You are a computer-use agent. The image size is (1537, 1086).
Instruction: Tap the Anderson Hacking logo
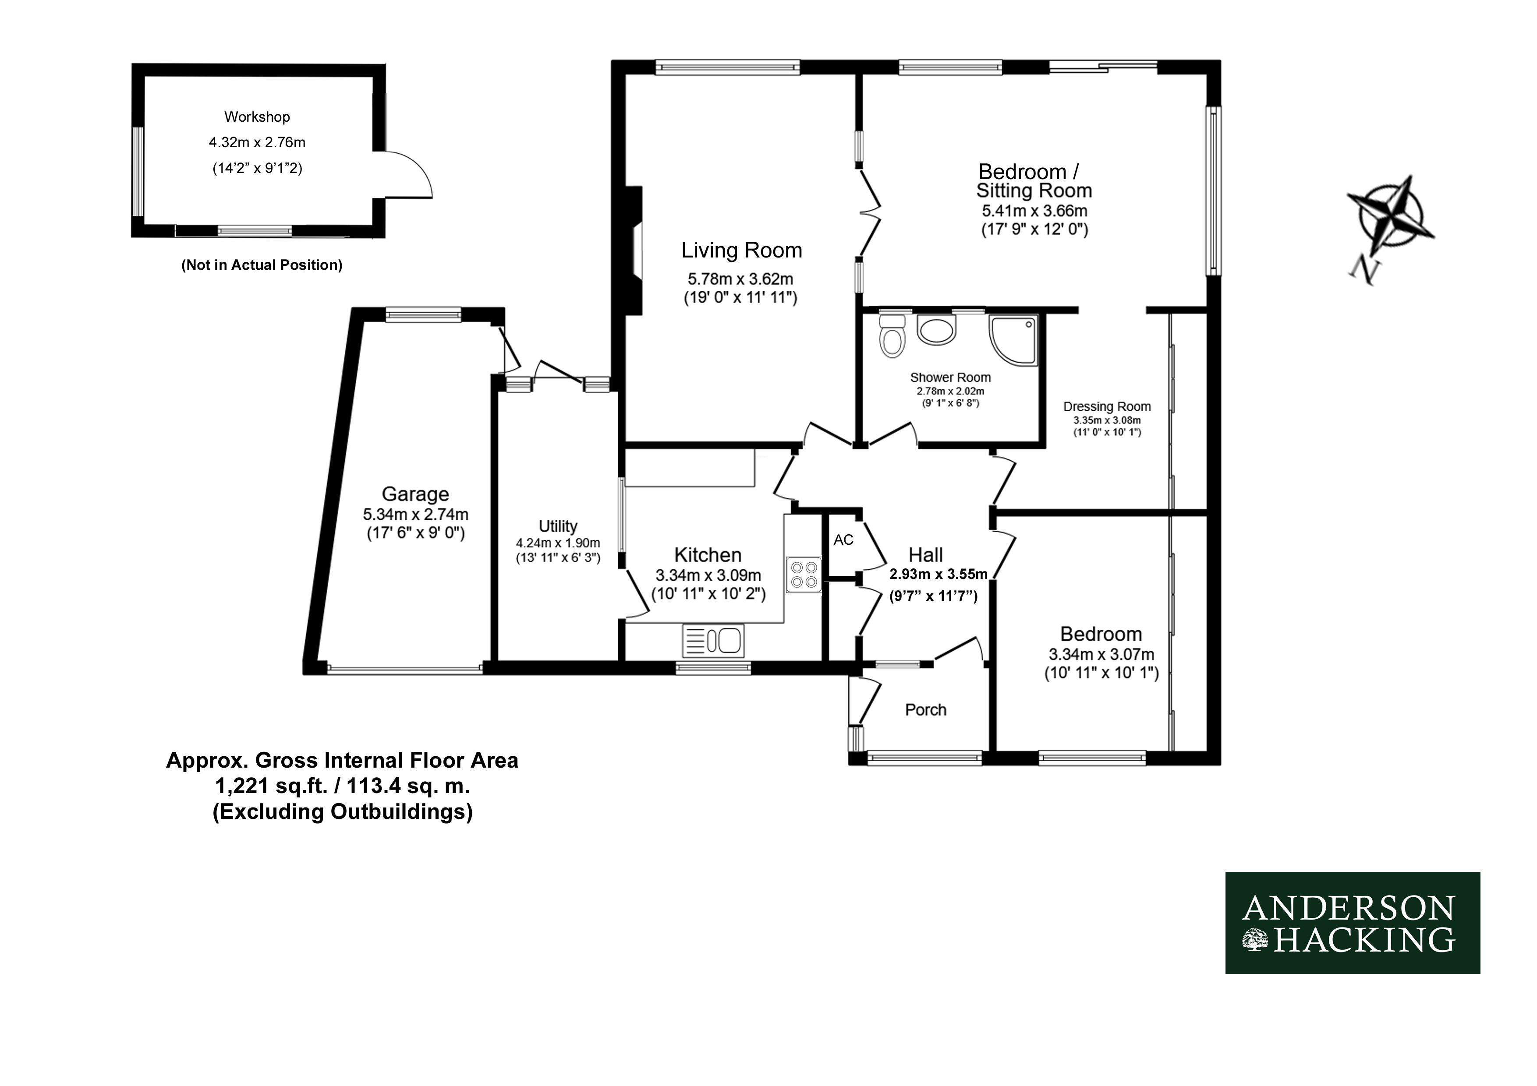coord(1352,923)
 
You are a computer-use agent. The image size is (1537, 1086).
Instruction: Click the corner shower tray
coord(1013,340)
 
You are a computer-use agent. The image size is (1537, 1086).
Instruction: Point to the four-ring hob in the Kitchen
coord(804,575)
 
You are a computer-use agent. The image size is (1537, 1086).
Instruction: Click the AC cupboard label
coord(843,539)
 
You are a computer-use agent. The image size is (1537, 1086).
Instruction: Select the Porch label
coord(926,709)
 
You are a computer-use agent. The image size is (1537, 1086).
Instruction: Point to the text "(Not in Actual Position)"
coord(262,265)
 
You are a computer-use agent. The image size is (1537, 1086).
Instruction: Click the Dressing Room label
coord(1107,406)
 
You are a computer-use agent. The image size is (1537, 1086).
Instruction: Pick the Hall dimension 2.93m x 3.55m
coord(938,574)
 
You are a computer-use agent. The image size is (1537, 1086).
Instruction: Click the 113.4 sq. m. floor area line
coord(342,786)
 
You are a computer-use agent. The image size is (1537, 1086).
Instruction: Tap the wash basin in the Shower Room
coord(936,330)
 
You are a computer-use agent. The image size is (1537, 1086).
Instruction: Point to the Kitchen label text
coord(708,555)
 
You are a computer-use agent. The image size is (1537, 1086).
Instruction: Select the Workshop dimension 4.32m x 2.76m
coord(257,142)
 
